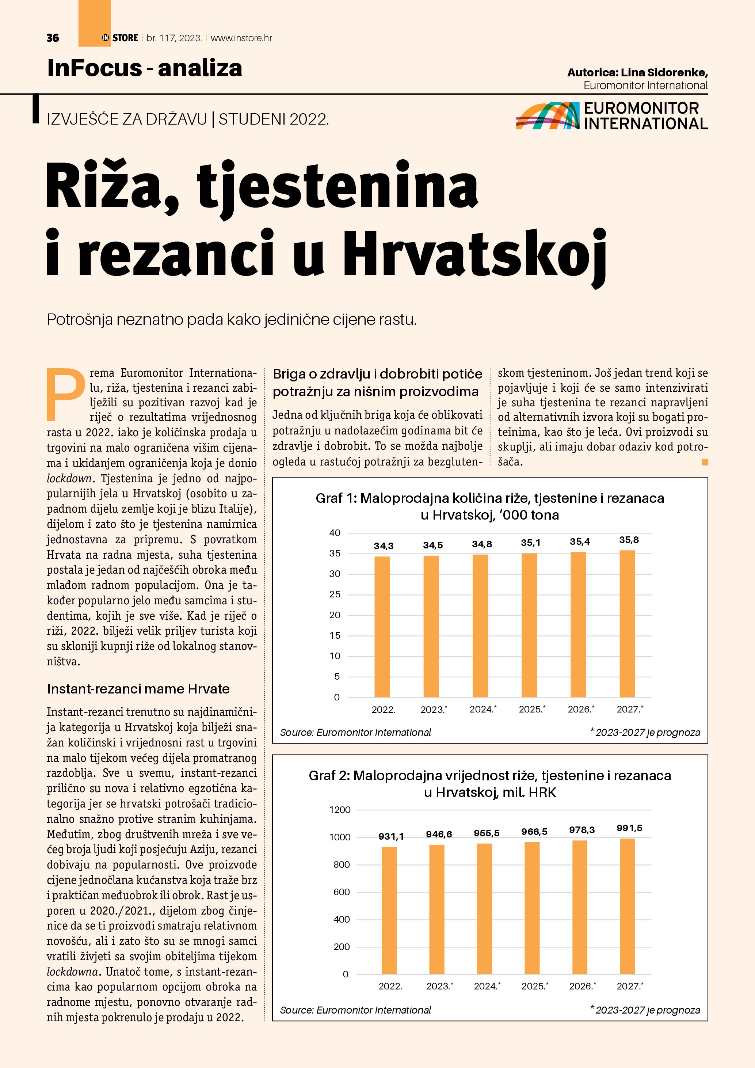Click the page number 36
53,38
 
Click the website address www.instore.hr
241,38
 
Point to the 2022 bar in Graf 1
382,626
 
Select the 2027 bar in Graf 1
627,623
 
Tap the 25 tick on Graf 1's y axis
335,594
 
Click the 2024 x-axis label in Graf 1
482,709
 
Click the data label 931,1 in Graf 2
391,836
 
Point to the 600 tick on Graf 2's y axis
342,892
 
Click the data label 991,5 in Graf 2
629,828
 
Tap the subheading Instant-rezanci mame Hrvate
138,689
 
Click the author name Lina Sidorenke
664,73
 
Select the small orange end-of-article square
705,462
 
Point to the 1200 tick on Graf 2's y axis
340,810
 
